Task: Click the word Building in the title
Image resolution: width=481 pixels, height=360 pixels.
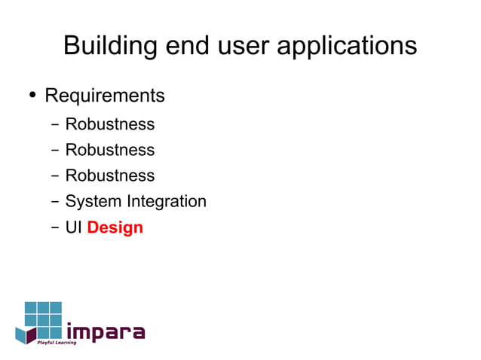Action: click(x=110, y=45)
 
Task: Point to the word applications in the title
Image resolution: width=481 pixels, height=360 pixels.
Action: click(x=348, y=45)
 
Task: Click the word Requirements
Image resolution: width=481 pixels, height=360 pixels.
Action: click(x=105, y=96)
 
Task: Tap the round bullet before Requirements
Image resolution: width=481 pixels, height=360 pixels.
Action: click(x=32, y=95)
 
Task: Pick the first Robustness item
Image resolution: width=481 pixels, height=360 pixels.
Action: click(x=110, y=124)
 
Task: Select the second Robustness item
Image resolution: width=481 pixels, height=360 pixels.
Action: click(x=110, y=150)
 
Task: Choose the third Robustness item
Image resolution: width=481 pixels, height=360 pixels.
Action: click(x=110, y=175)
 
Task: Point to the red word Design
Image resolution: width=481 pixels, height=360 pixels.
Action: click(x=115, y=227)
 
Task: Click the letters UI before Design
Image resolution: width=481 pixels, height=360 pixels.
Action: click(x=73, y=227)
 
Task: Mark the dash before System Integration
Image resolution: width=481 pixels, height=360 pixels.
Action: click(x=55, y=202)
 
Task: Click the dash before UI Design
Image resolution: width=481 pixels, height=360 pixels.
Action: click(x=55, y=227)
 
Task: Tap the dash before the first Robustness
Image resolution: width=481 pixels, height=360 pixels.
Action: click(x=55, y=124)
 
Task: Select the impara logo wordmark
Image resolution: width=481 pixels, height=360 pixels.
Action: click(x=106, y=332)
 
